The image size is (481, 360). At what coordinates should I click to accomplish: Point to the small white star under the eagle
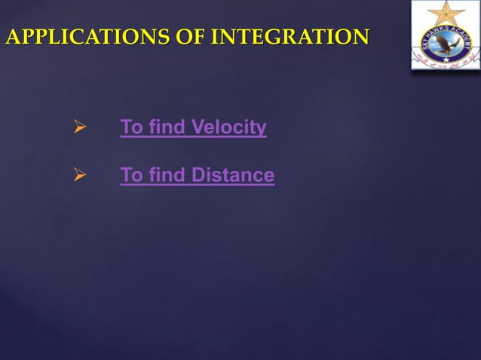[x=445, y=58]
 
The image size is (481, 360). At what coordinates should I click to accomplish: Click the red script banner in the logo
[x=445, y=64]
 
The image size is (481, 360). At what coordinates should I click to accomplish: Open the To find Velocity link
[x=194, y=128]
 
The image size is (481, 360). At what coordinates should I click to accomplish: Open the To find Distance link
[x=198, y=175]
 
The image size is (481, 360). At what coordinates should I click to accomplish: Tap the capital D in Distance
[x=198, y=175]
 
